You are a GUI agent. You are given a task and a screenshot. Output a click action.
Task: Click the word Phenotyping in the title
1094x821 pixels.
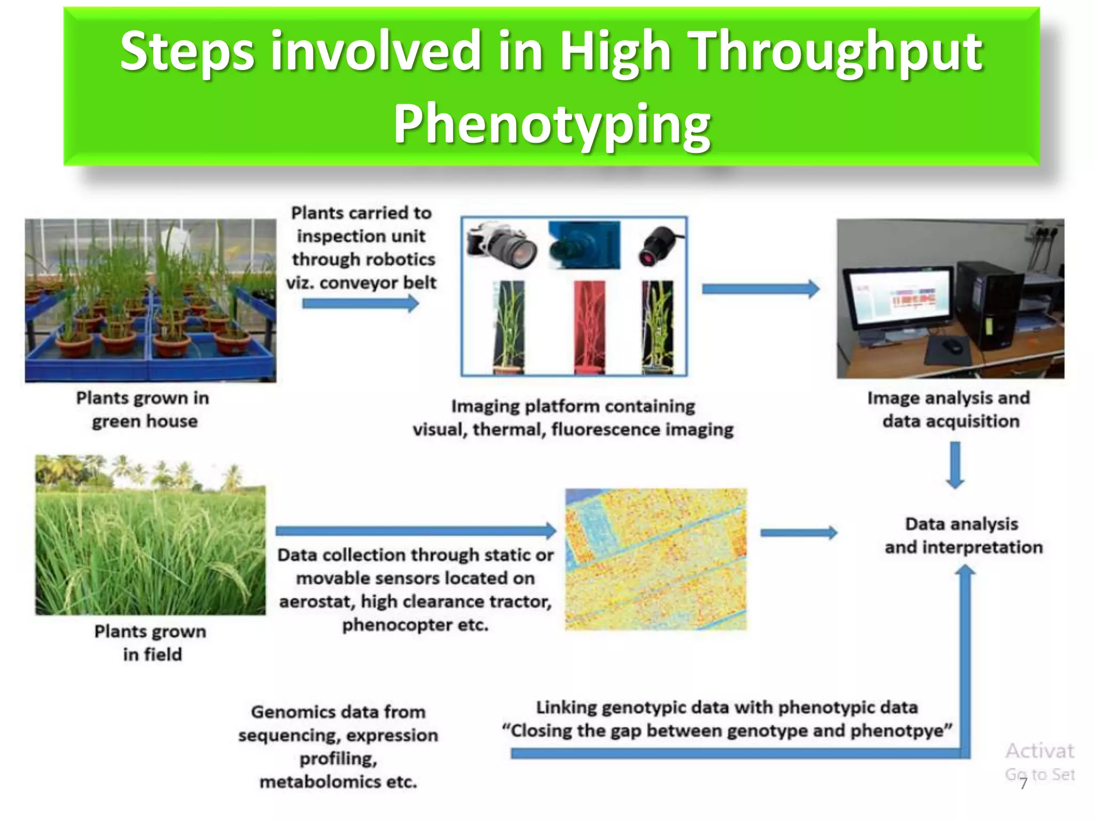pos(552,125)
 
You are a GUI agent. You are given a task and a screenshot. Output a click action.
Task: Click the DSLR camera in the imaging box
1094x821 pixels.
pos(500,244)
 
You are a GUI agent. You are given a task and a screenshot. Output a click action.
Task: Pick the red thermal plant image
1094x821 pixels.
pos(589,327)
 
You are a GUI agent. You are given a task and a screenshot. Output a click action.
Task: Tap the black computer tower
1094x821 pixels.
pos(988,305)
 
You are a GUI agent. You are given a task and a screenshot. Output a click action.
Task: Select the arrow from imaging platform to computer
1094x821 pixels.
pos(760,289)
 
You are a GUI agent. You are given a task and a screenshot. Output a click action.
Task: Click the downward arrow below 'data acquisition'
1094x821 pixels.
pos(955,464)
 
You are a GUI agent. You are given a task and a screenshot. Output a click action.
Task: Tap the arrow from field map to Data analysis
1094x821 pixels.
pos(799,532)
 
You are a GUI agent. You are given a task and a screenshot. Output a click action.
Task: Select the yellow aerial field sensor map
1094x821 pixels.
pos(656,559)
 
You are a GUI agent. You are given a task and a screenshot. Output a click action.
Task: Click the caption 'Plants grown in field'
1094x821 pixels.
pos(151,642)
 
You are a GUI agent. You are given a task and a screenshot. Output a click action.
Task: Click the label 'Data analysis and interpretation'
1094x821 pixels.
pos(963,536)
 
